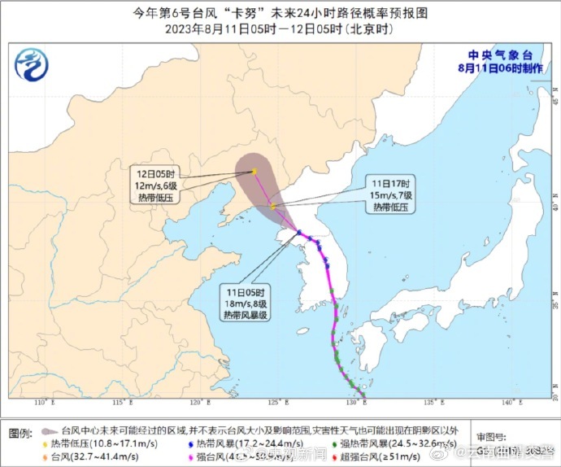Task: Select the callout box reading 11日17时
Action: (x=392, y=194)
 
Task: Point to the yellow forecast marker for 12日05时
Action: (x=254, y=171)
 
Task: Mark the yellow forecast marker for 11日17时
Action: (x=274, y=206)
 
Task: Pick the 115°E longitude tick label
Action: (x=119, y=404)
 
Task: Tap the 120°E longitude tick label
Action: (x=196, y=404)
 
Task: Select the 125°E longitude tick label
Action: (x=274, y=404)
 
